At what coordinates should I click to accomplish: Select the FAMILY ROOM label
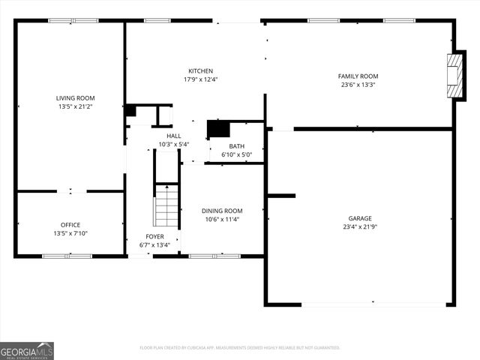click(x=358, y=76)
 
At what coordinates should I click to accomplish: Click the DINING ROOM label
click(x=222, y=211)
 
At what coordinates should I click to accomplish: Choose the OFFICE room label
click(x=70, y=224)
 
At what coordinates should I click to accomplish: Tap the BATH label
click(x=236, y=146)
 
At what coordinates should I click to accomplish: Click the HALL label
click(x=173, y=136)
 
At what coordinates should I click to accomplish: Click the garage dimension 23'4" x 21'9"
click(x=359, y=226)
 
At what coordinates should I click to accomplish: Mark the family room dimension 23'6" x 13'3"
click(x=358, y=85)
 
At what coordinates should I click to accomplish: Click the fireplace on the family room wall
click(x=455, y=75)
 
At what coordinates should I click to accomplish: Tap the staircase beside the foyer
click(x=166, y=206)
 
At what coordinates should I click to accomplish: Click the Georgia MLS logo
click(x=27, y=350)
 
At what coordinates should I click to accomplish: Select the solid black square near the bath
click(x=218, y=128)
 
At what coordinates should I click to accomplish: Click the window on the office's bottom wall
click(x=67, y=256)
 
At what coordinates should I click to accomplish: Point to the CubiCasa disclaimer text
click(x=240, y=348)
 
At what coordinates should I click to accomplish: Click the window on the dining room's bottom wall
click(x=214, y=256)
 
